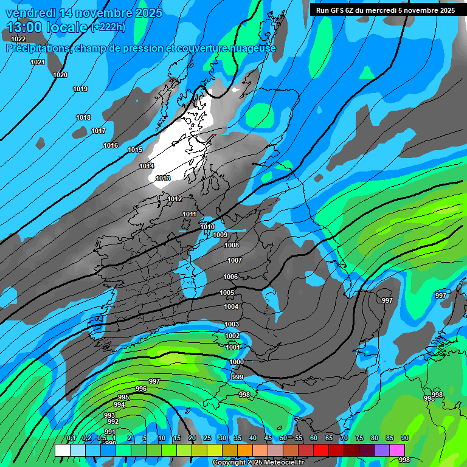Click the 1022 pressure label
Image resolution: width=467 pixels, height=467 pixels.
point(18,40)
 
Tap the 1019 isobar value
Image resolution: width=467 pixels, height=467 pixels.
point(80,89)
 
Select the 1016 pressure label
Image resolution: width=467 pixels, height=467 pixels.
point(111,145)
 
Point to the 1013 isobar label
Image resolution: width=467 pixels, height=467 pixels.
point(163,178)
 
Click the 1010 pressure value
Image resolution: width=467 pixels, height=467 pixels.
point(207,227)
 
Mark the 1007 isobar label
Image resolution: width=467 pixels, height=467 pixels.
point(235,260)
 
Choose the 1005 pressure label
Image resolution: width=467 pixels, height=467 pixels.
point(227,292)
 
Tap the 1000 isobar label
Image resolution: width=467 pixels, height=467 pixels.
point(237,362)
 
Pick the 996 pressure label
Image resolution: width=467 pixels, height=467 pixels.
point(141,389)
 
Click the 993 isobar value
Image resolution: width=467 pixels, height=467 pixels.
point(109,415)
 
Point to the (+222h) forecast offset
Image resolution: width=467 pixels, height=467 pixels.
point(108,27)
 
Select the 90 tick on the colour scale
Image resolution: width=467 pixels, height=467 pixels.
point(404,438)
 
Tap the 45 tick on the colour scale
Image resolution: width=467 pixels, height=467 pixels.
point(268,438)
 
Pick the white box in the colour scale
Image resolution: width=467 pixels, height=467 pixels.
point(62,450)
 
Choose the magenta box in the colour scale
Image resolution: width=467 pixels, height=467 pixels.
point(397,450)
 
